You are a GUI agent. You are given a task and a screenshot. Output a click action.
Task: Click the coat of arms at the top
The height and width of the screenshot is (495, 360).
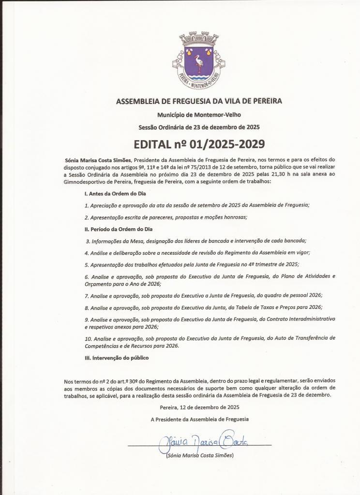(198, 60)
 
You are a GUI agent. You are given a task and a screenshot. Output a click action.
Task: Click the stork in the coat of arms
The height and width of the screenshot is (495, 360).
(198, 63)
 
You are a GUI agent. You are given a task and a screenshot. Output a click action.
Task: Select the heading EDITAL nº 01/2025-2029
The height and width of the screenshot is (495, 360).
(199, 144)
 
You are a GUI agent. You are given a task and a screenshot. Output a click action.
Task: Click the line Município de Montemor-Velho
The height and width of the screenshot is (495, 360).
(199, 115)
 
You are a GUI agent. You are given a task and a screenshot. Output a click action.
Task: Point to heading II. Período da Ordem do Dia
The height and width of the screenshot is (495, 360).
(118, 229)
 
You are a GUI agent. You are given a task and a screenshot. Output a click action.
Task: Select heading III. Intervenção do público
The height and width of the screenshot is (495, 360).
(116, 358)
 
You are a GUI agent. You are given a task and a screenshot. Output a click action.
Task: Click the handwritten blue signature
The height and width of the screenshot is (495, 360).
(203, 440)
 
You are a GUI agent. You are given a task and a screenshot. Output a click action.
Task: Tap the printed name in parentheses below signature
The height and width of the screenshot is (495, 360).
(199, 455)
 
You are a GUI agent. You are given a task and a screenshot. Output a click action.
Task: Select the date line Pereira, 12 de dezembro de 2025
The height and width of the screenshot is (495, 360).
(199, 407)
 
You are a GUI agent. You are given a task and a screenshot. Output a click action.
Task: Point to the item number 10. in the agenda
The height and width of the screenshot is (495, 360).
(89, 338)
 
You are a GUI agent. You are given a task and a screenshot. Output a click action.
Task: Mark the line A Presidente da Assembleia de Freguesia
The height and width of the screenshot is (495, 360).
(199, 419)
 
